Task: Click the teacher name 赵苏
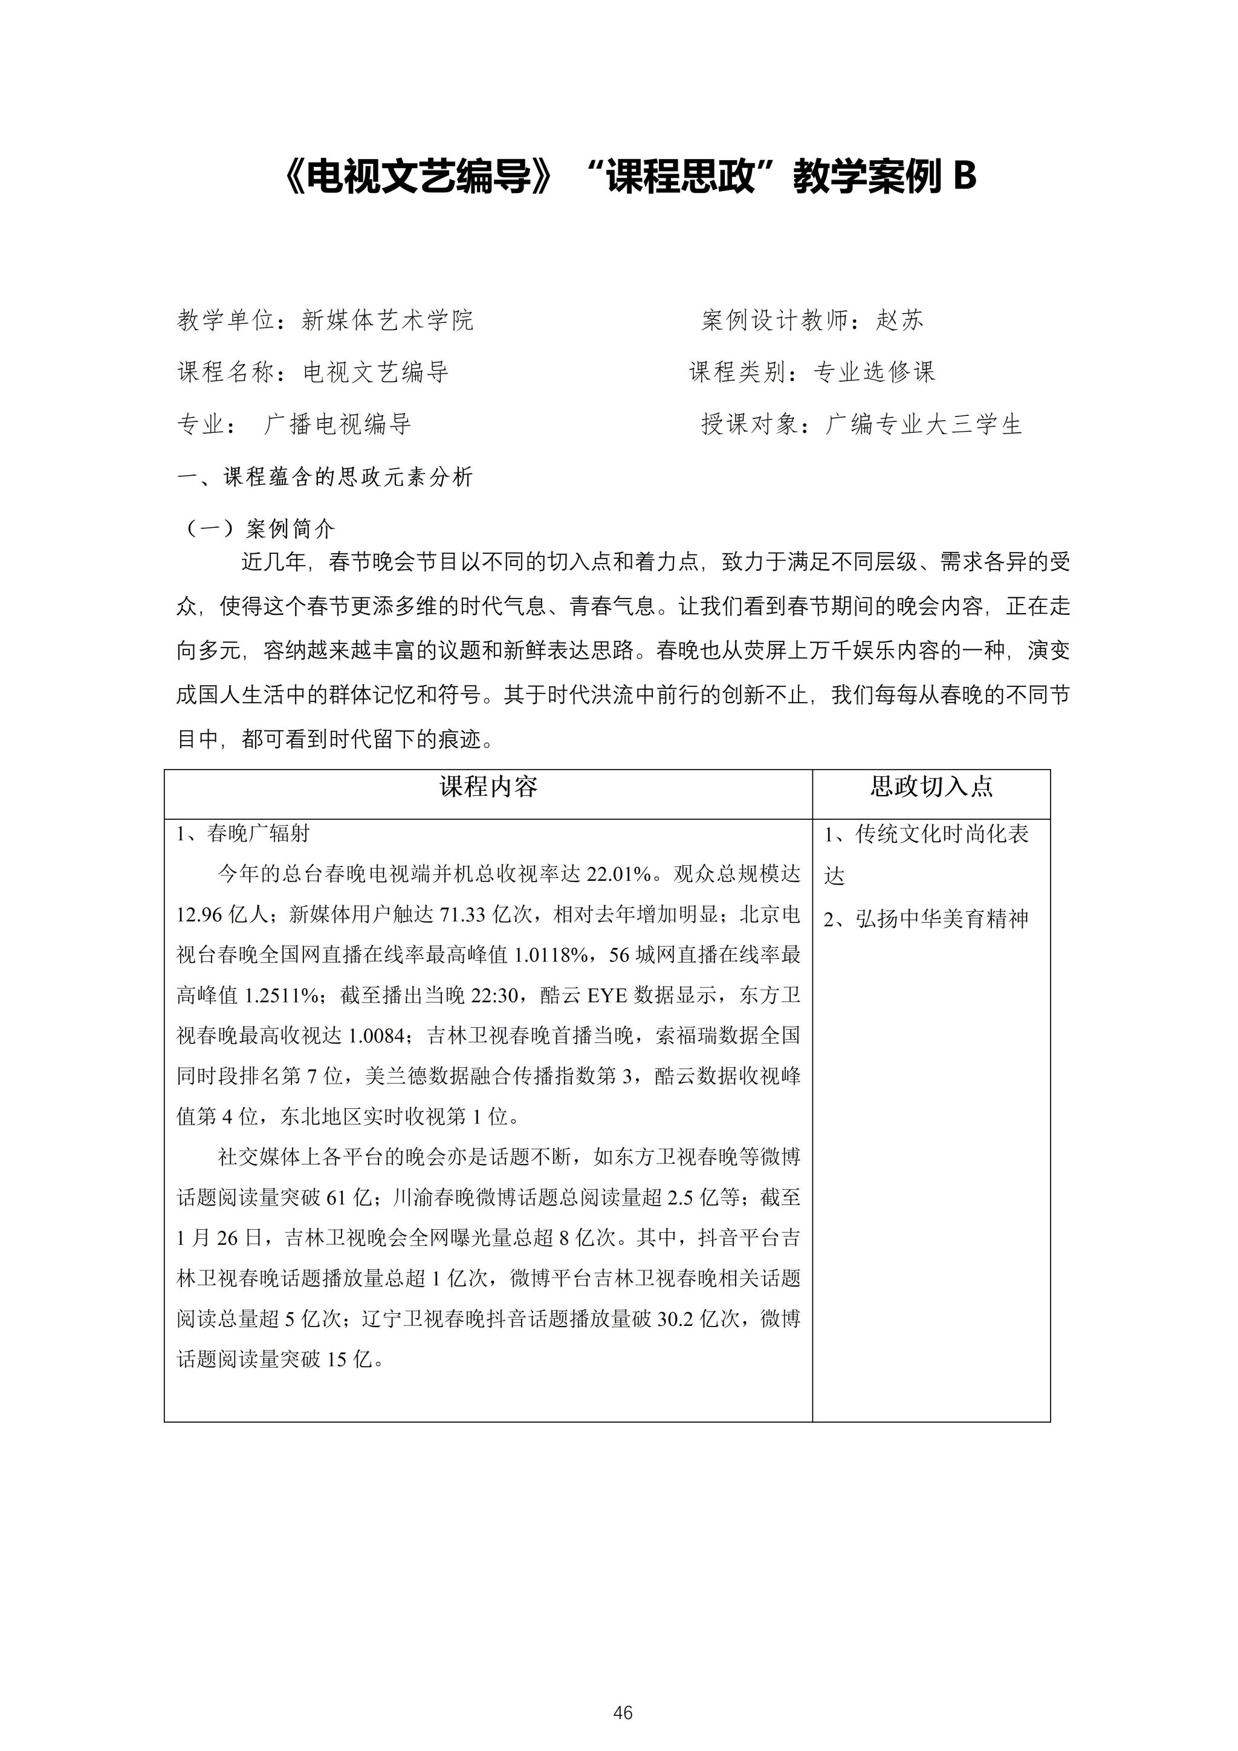899,320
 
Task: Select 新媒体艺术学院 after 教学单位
387,320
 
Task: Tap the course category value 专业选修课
873,372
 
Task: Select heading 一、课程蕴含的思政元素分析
325,478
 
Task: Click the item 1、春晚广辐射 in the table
243,834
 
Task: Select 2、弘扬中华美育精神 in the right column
926,919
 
